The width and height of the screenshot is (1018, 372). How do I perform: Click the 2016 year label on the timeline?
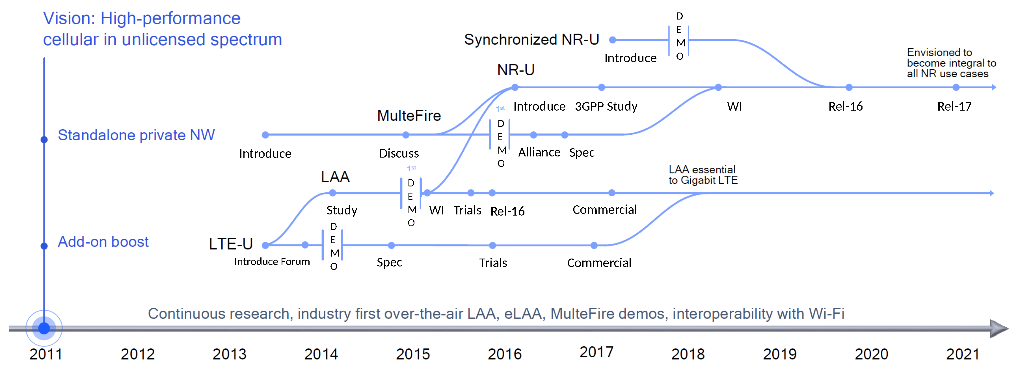504,354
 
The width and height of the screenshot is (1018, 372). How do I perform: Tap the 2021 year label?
962,354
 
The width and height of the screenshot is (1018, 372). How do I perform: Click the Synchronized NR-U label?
531,40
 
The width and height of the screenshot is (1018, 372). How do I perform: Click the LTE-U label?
231,244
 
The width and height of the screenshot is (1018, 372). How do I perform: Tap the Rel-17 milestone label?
954,106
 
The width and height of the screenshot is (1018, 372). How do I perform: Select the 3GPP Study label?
606,106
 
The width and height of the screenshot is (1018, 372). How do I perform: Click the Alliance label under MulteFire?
539,152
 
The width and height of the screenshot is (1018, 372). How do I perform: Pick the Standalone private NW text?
136,135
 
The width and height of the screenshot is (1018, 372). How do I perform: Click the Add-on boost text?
103,242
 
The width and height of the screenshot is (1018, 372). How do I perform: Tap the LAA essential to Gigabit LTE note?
703,175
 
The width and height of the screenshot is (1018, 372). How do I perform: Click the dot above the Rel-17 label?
956,87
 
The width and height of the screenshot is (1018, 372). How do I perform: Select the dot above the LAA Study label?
332,193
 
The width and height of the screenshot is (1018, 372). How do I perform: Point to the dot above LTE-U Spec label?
391,246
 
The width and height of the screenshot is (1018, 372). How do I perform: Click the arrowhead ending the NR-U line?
993,87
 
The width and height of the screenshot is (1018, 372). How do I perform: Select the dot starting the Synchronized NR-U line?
613,40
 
